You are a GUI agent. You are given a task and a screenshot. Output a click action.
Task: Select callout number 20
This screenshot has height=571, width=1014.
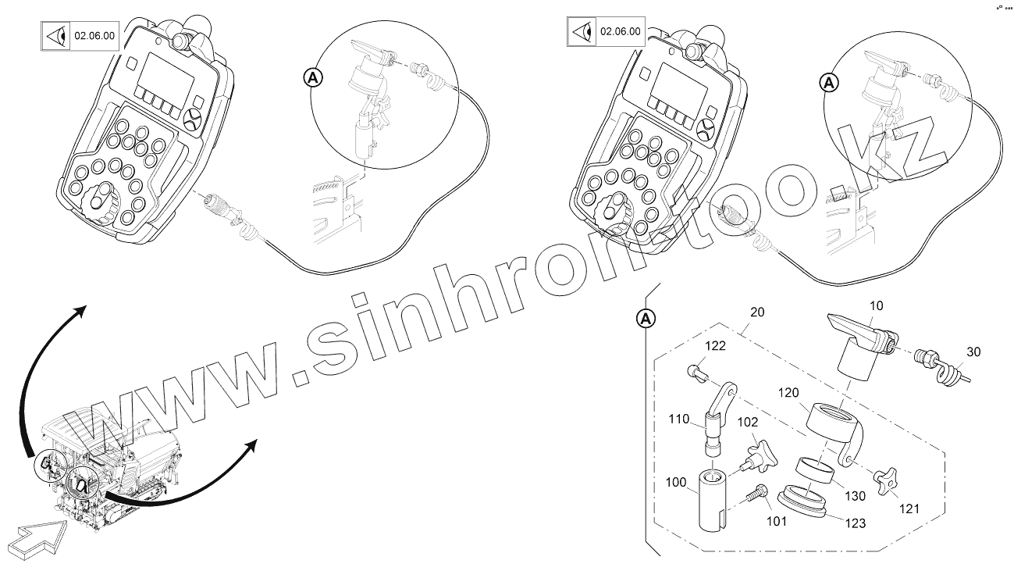(x=756, y=312)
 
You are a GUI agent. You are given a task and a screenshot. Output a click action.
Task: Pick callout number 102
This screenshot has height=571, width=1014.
(x=748, y=422)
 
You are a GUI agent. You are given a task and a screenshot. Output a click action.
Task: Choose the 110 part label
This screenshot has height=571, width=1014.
(x=679, y=419)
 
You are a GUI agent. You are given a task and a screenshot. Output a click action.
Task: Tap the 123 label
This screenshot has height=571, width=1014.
(x=855, y=523)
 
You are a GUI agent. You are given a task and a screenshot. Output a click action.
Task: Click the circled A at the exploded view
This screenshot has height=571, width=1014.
(x=646, y=318)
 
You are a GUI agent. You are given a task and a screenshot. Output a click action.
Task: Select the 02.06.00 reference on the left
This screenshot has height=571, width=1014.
(x=94, y=36)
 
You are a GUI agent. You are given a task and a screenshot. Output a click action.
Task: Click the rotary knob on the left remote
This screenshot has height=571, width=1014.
(x=101, y=202)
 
